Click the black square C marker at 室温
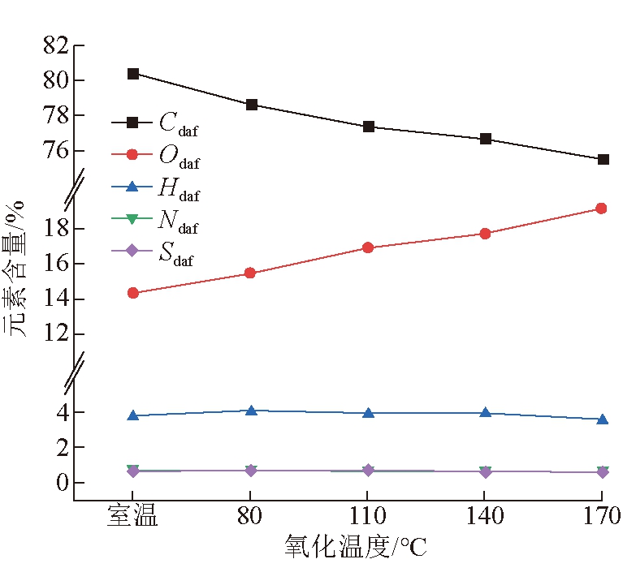pyautogui.click(x=133, y=74)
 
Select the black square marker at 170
pyautogui.click(x=602, y=159)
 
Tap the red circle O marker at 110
pyautogui.click(x=368, y=247)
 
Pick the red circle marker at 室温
pyautogui.click(x=133, y=293)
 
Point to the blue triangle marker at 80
pyautogui.click(x=251, y=411)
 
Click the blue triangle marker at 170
pyautogui.click(x=602, y=419)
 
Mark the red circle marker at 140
pyautogui.click(x=485, y=234)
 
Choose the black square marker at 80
pyautogui.click(x=251, y=105)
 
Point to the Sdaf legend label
pyautogui.click(x=176, y=253)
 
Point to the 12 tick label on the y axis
pyautogui.click(x=62, y=333)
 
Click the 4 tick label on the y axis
pyautogui.click(x=67, y=412)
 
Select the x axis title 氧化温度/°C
pyautogui.click(x=356, y=547)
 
